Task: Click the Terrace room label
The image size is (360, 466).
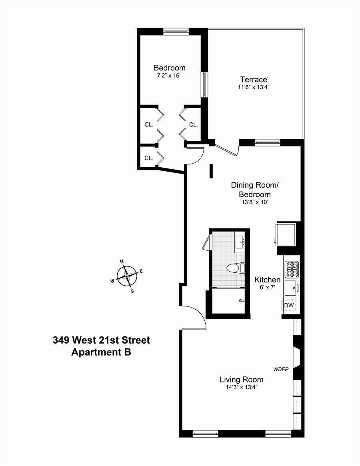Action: pyautogui.click(x=253, y=80)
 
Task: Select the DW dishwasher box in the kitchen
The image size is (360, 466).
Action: pyautogui.click(x=289, y=306)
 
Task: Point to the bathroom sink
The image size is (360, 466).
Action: pyautogui.click(x=240, y=242)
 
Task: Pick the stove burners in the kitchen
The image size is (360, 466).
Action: pyautogui.click(x=291, y=269)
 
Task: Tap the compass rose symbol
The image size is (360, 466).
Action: pyautogui.click(x=127, y=276)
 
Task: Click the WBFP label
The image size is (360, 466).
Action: pyautogui.click(x=281, y=369)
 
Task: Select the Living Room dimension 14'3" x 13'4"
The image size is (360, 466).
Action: pyautogui.click(x=241, y=387)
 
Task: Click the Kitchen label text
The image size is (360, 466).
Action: pyautogui.click(x=267, y=280)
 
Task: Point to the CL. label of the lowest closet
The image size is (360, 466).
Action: pyautogui.click(x=149, y=158)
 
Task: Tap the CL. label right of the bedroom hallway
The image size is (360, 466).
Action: pyautogui.click(x=194, y=124)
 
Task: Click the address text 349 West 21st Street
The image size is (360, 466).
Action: pyautogui.click(x=101, y=340)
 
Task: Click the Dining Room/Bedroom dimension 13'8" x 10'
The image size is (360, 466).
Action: pyautogui.click(x=255, y=202)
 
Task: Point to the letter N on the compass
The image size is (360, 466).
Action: pyautogui.click(x=122, y=262)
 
